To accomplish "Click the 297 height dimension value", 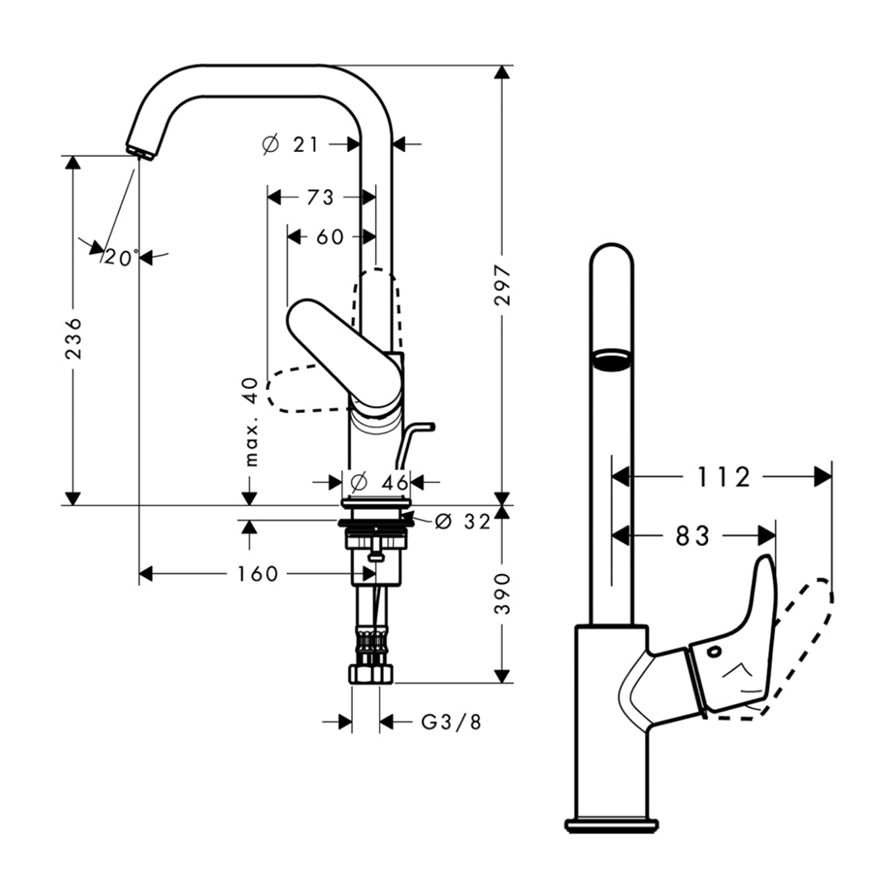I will coord(503,285).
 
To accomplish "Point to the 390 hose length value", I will coord(503,592).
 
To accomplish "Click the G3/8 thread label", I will coord(451,722).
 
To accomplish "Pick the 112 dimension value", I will coord(724,477).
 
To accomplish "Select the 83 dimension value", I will coord(693,537).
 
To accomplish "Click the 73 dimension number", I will coord(320,197).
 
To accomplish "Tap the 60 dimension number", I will coord(330,236).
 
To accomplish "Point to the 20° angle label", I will coord(121,259).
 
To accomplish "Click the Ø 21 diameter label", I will coord(290,144).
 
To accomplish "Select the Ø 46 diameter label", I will coord(378,481).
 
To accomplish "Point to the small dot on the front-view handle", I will coord(713,652).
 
